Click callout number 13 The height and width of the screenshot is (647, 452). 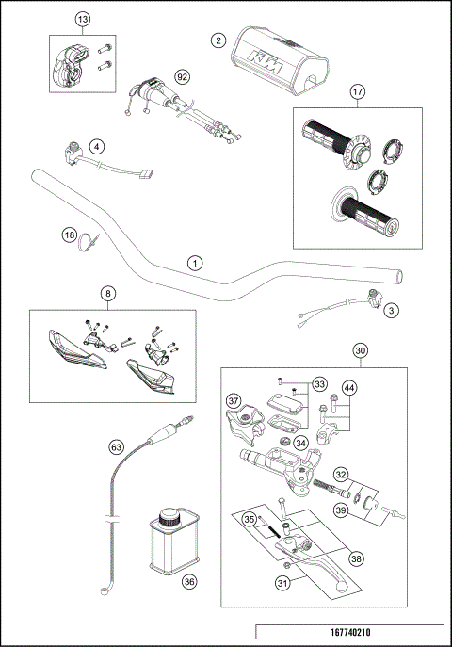[83, 19]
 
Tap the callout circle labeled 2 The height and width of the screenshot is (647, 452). [218, 40]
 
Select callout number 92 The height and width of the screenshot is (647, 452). [183, 75]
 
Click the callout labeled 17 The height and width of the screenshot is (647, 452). [357, 92]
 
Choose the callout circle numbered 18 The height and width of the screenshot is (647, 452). [70, 235]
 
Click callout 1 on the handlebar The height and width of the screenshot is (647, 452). [194, 262]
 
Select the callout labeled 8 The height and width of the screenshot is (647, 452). [109, 294]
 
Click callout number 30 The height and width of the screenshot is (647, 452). [360, 350]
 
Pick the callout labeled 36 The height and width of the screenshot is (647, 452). [190, 583]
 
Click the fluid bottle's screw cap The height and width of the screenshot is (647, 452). [168, 516]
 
